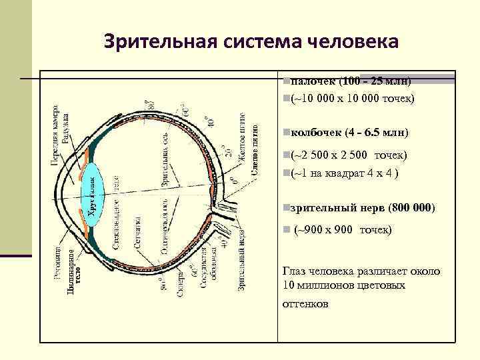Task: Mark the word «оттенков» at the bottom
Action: (x=305, y=303)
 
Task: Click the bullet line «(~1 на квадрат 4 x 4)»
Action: (x=344, y=174)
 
